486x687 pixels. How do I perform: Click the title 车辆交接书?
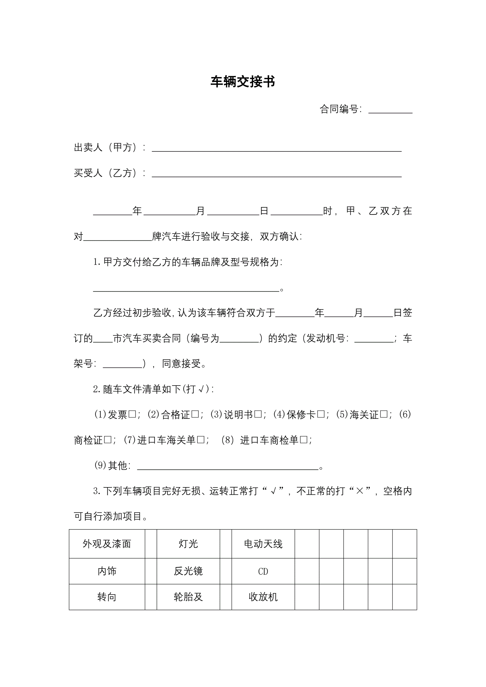(x=243, y=82)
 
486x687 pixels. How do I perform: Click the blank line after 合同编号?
(x=390, y=111)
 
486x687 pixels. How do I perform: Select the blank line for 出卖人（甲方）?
(x=277, y=149)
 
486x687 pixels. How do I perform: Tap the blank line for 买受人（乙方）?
(x=277, y=175)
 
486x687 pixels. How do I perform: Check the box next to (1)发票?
(x=132, y=414)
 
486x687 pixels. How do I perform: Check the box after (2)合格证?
(x=195, y=414)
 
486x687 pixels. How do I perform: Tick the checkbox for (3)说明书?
(x=258, y=414)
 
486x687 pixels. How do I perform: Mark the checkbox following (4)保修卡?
(x=320, y=414)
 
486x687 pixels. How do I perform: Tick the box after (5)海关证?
(x=384, y=414)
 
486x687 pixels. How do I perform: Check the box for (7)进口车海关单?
(x=201, y=440)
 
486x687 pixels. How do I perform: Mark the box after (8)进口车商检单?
(x=304, y=440)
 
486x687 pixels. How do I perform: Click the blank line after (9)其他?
(x=227, y=467)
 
